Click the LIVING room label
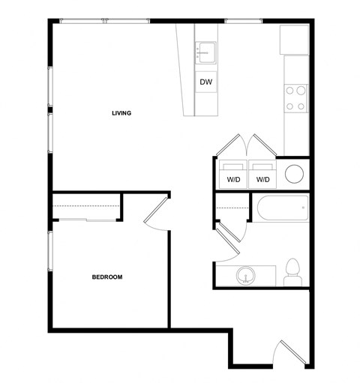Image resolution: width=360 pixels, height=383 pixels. (121, 114)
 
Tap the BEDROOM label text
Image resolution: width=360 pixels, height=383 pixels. (106, 277)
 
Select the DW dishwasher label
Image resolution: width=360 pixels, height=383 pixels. (205, 82)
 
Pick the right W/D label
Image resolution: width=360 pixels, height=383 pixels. (262, 180)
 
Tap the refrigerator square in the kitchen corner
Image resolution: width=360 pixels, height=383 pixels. (294, 40)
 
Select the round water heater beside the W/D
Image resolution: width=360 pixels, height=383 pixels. (295, 174)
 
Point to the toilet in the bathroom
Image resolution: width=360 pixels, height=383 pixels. (294, 271)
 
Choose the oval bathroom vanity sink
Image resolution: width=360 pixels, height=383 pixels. (244, 276)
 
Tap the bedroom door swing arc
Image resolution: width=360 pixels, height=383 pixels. (157, 214)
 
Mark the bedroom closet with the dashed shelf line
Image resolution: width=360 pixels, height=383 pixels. (86, 206)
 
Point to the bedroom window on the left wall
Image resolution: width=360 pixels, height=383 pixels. (50, 262)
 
